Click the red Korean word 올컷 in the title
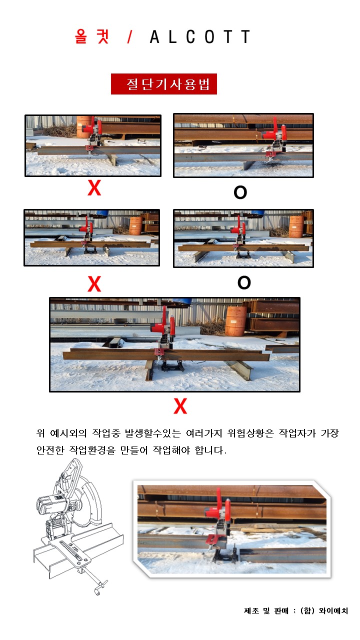click(x=91, y=36)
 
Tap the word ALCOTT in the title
click(x=200, y=36)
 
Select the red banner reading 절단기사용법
click(x=164, y=84)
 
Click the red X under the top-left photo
click(x=94, y=188)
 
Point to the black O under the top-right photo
click(x=240, y=192)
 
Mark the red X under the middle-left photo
click(x=94, y=284)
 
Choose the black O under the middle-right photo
click(x=244, y=282)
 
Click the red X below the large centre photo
click(x=180, y=406)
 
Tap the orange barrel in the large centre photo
click(x=236, y=321)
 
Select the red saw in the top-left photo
click(x=92, y=134)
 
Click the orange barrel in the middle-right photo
click(x=296, y=227)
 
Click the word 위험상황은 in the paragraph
click(x=250, y=433)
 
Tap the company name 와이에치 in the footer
click(x=333, y=611)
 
